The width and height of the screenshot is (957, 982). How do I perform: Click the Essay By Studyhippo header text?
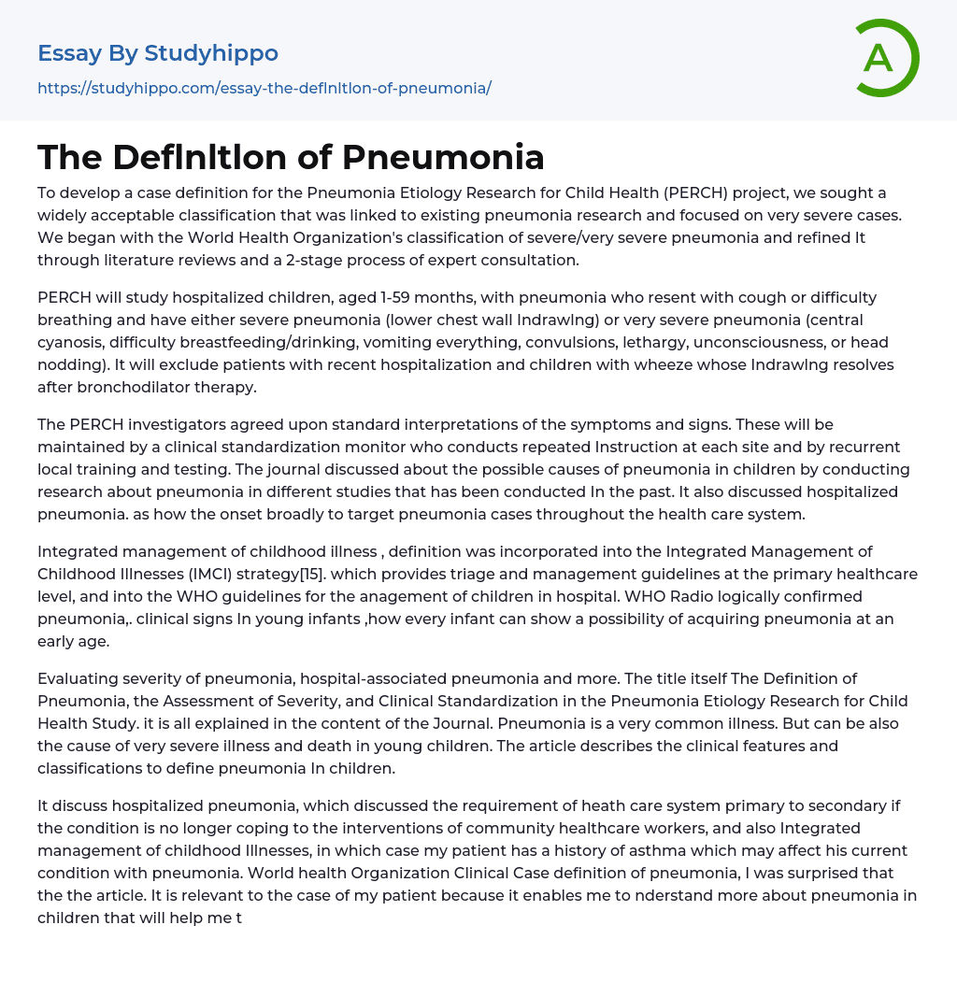point(158,53)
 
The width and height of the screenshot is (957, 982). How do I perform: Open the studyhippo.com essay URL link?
point(264,88)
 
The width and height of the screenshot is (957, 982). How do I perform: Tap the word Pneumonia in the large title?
point(443,157)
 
